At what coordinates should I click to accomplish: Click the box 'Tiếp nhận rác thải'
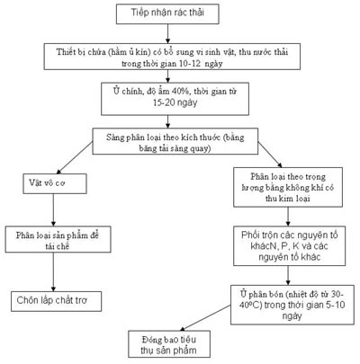point(167,13)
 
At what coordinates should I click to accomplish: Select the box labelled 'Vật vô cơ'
point(55,183)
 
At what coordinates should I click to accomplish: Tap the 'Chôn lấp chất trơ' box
point(57,301)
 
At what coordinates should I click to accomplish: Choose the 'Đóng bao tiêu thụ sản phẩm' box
point(169,344)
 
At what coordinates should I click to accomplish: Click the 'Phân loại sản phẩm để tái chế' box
point(58,239)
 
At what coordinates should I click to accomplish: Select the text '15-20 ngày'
point(175,102)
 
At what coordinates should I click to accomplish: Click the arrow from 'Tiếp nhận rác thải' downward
point(167,33)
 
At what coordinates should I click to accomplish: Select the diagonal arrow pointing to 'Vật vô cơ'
point(74,158)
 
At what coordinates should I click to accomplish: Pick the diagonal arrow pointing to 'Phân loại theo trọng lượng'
point(270,155)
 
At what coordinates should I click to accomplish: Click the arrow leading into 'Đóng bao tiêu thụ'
point(205,318)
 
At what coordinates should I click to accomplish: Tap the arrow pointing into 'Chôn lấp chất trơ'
point(53,271)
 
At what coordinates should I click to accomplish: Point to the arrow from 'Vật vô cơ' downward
point(53,209)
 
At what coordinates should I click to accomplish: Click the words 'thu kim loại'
point(288,199)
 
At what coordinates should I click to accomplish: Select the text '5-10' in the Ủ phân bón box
point(336,305)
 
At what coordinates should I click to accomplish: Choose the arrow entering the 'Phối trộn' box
point(288,217)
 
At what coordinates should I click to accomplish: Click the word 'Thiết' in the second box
point(66,52)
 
